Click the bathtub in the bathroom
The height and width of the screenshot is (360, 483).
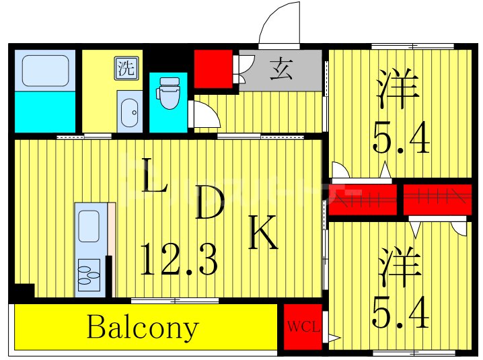(x=44, y=70)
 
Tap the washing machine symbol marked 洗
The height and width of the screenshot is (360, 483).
(x=125, y=67)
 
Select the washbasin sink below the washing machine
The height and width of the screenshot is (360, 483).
(x=128, y=111)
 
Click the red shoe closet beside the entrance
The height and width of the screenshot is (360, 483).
(x=213, y=68)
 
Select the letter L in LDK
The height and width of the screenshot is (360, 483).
(x=155, y=176)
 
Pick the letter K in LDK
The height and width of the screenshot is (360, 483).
(x=264, y=233)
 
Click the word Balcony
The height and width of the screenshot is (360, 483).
(x=143, y=328)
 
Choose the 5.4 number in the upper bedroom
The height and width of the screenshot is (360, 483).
(x=401, y=139)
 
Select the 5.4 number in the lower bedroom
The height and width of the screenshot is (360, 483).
(x=401, y=313)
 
